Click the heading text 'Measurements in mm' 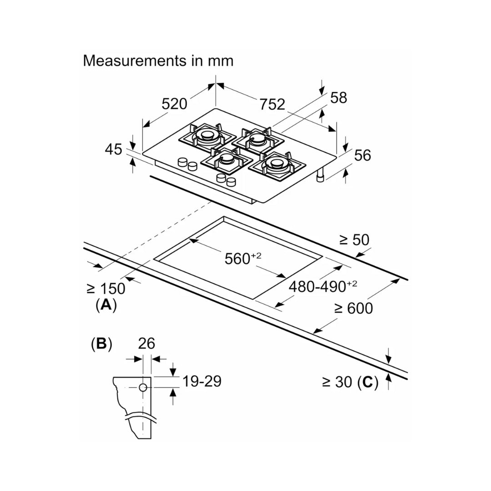(x=158, y=61)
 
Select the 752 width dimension (x=272, y=104)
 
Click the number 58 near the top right (x=338, y=97)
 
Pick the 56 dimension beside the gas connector (x=362, y=155)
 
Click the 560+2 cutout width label (x=243, y=258)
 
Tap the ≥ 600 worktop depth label (x=353, y=308)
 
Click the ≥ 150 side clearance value (x=105, y=288)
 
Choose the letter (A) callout (x=106, y=305)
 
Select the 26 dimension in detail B (x=147, y=344)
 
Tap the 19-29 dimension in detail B (x=201, y=381)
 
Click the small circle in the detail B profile (x=143, y=388)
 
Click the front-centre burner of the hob (x=226, y=160)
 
